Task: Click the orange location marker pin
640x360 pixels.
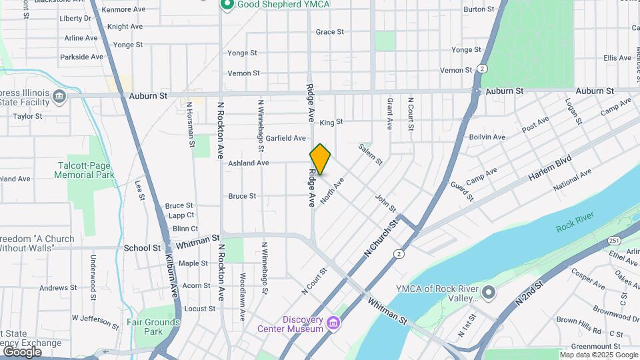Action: (x=320, y=159)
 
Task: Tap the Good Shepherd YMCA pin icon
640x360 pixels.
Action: (x=227, y=5)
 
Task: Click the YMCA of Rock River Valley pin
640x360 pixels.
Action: (x=489, y=293)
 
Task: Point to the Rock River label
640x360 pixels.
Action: (x=574, y=226)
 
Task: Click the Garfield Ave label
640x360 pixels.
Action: (x=285, y=138)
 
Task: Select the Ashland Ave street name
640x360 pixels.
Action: (x=248, y=163)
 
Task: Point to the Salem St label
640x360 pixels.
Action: (x=370, y=154)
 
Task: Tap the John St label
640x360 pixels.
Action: (x=385, y=203)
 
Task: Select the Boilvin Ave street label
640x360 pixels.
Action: (x=487, y=137)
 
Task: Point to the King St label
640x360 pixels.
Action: (x=331, y=122)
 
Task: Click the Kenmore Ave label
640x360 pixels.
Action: (x=125, y=10)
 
